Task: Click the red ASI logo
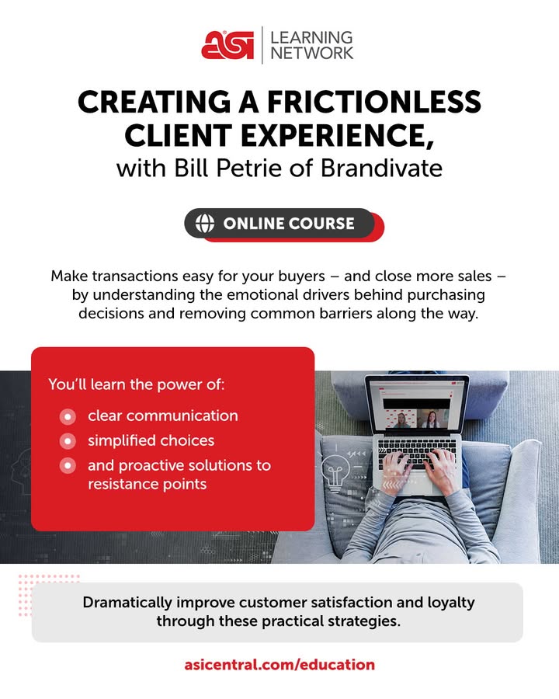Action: [227, 44]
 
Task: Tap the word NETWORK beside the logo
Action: [311, 53]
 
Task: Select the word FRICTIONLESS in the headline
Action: [374, 102]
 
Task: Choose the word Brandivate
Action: [381, 168]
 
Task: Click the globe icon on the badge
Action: [205, 223]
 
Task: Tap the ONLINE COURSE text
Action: [289, 224]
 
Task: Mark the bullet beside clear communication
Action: [68, 416]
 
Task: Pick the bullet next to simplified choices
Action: [68, 441]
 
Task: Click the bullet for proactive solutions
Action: [68, 466]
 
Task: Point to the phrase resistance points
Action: [147, 484]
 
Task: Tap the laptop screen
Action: [417, 405]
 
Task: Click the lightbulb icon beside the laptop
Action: [336, 473]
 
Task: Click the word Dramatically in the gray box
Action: [127, 603]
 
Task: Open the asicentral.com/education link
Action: [279, 665]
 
